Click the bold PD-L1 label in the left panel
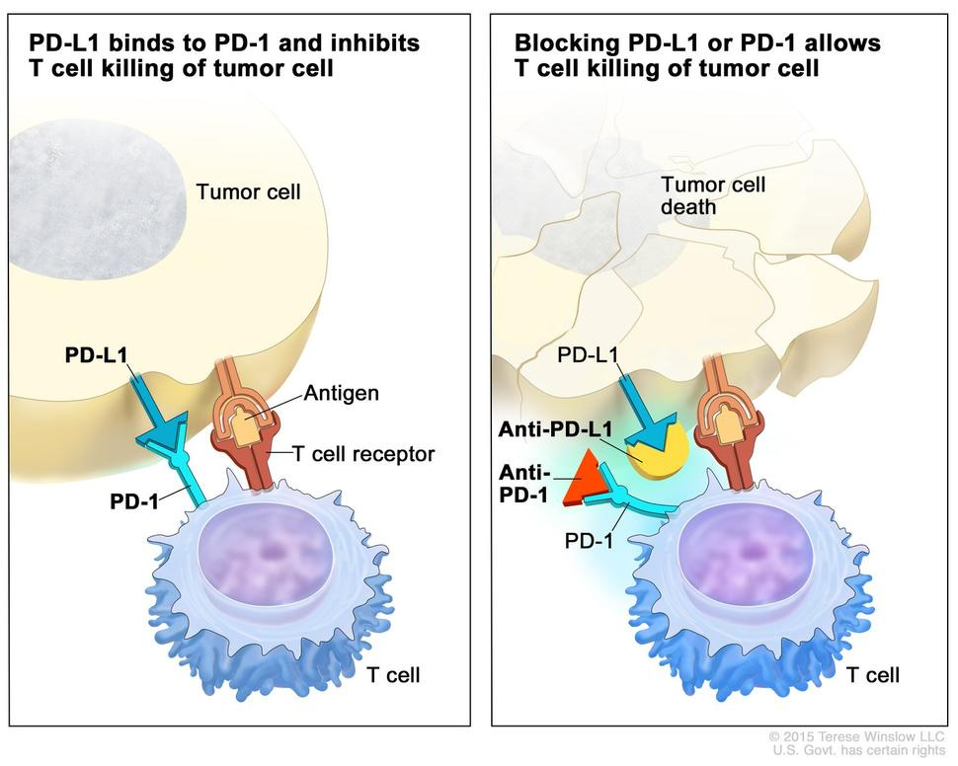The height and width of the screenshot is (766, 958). pos(96,353)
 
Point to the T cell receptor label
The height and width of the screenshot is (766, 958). pos(362,453)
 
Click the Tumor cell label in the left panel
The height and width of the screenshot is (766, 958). pos(248,191)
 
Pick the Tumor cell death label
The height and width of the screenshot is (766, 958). pos(712,195)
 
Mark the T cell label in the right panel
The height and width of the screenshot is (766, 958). pos(872,675)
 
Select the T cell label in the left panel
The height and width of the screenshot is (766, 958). pos(392,675)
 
